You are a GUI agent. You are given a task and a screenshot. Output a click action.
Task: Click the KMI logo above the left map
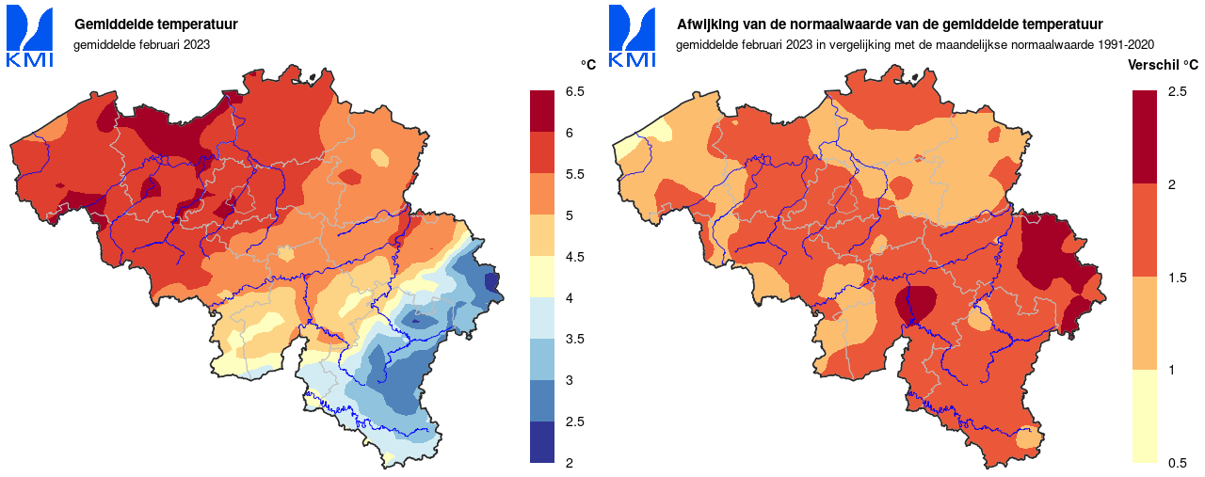coord(30,37)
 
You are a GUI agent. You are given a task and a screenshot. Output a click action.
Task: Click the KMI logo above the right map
coord(633,37)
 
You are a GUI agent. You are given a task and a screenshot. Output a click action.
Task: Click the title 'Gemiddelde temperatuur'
coord(155,24)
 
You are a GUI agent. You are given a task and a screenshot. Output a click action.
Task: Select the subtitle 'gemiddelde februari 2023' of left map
coord(141,44)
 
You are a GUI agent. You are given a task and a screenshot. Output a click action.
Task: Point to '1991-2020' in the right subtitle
coord(1123,44)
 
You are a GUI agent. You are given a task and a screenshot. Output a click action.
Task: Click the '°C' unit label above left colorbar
coord(588,64)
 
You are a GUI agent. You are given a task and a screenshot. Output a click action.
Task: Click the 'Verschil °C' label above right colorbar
coord(1163,65)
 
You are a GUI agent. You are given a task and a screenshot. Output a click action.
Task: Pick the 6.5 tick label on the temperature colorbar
coord(575,91)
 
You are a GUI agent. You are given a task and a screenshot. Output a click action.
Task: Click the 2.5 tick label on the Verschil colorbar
coord(1177,91)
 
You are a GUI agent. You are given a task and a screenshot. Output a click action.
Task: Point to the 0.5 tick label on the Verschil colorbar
coord(1177,463)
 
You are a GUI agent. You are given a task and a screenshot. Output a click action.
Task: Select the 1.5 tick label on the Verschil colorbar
coord(1177,278)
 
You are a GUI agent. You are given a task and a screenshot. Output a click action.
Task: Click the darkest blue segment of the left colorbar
coord(542,442)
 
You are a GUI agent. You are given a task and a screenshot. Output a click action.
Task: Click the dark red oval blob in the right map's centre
coord(916,304)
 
